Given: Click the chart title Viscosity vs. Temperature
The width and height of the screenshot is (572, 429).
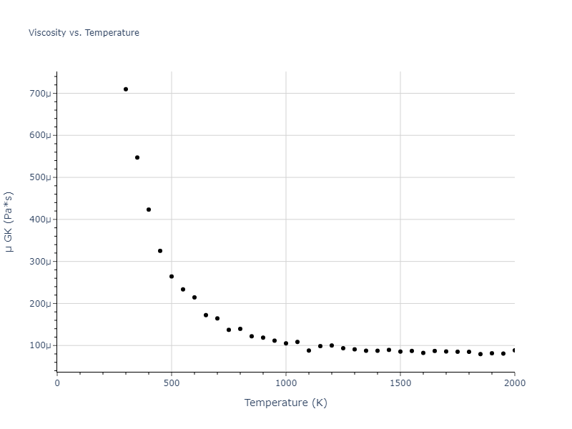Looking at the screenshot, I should pyautogui.click(x=84, y=33).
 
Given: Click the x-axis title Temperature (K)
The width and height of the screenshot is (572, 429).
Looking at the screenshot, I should pyautogui.click(x=285, y=403).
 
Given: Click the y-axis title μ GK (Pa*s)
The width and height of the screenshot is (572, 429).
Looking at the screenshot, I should pyautogui.click(x=9, y=222).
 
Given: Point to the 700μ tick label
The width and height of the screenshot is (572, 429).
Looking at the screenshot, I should pyautogui.click(x=40, y=94).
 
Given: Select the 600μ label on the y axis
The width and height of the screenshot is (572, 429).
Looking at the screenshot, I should pyautogui.click(x=40, y=136).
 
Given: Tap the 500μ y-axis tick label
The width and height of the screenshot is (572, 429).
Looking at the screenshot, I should pyautogui.click(x=40, y=177).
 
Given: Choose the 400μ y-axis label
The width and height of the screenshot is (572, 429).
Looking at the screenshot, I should pyautogui.click(x=40, y=220).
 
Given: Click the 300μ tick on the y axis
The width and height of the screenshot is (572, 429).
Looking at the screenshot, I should pyautogui.click(x=40, y=262).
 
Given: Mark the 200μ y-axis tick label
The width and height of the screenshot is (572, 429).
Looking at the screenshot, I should pyautogui.click(x=40, y=304).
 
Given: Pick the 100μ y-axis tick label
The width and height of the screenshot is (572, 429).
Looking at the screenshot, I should pyautogui.click(x=40, y=346).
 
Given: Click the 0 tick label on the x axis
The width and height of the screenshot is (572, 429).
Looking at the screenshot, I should pyautogui.click(x=57, y=383).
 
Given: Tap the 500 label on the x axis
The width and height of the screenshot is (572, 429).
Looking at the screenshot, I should pyautogui.click(x=172, y=383).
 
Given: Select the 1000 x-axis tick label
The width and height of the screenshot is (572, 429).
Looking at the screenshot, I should pyautogui.click(x=286, y=383).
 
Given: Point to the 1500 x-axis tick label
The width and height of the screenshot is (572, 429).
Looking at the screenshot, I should pyautogui.click(x=400, y=383).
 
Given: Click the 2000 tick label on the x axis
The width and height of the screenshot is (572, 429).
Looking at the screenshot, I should pyautogui.click(x=514, y=383).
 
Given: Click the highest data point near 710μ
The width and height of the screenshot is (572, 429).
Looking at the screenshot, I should pyautogui.click(x=126, y=89).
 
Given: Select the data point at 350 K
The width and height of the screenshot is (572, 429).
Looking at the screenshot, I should pyautogui.click(x=137, y=157).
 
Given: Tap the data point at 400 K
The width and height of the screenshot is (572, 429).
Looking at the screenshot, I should pyautogui.click(x=149, y=209).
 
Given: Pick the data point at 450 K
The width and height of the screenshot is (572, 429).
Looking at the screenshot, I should pyautogui.click(x=160, y=251).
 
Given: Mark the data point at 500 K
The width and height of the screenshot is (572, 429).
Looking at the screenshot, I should pyautogui.click(x=172, y=277).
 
